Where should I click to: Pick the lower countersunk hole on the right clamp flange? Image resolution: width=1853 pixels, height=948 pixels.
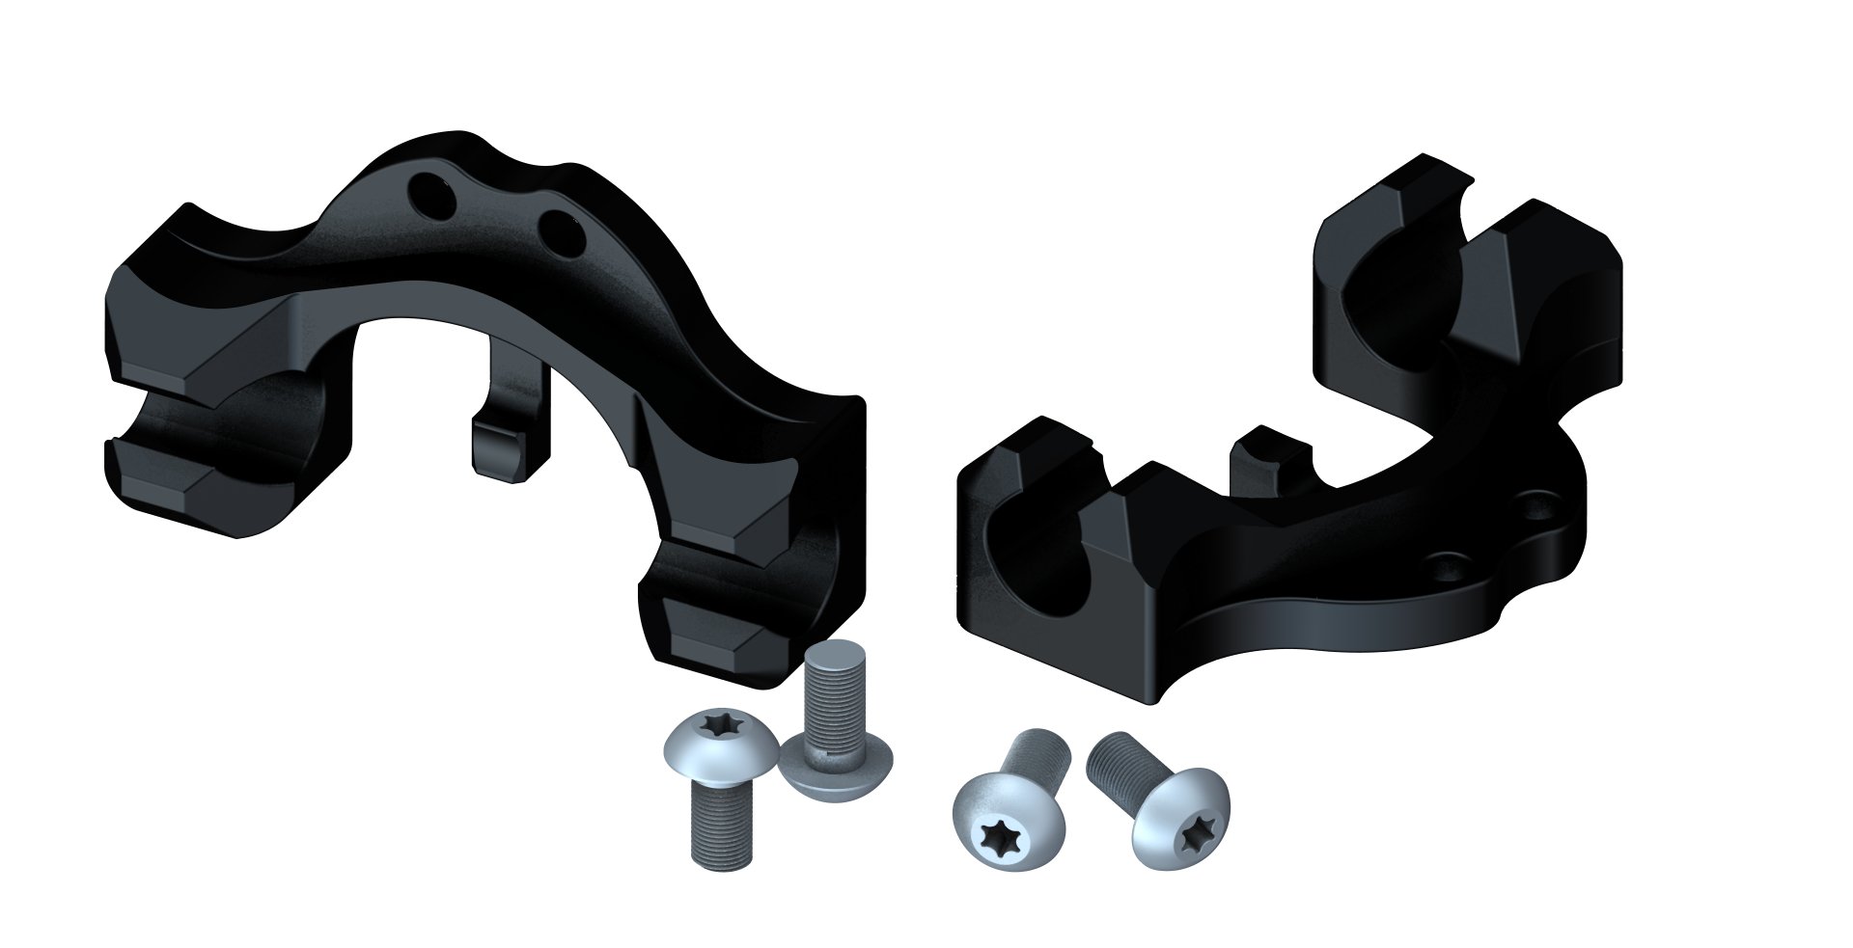[1441, 561]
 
